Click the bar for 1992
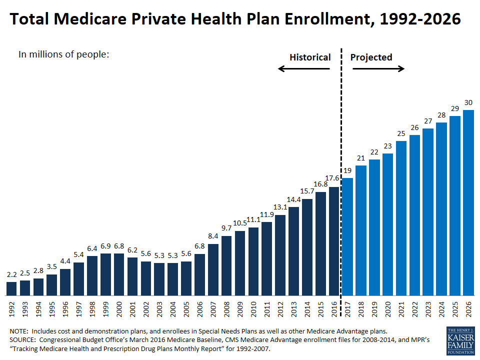(11, 288)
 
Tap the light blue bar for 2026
(468, 202)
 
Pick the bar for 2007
(213, 269)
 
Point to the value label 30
(468, 103)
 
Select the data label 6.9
(105, 247)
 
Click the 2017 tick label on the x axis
(347, 310)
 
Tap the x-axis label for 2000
(119, 310)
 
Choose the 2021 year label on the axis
(401, 310)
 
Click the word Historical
(310, 57)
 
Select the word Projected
(371, 57)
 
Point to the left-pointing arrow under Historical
(303, 68)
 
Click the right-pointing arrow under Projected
(378, 68)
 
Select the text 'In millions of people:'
(63, 54)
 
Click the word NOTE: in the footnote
(20, 331)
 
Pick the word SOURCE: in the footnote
(23, 339)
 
